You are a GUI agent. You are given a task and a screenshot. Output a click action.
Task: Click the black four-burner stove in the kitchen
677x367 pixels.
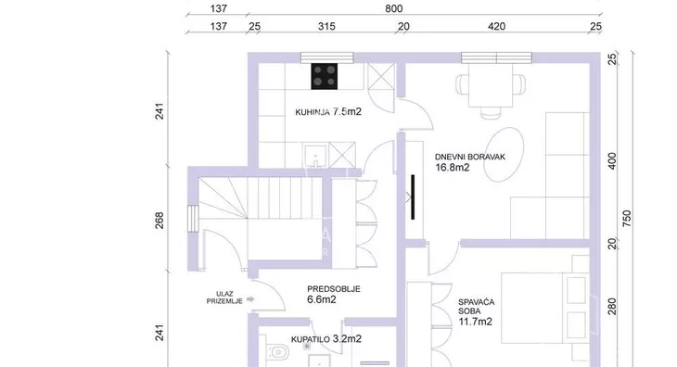tap(325, 76)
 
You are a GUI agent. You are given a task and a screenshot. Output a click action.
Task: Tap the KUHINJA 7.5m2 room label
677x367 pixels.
tap(328, 112)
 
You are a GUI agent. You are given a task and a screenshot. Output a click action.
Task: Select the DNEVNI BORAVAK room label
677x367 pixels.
tap(470, 157)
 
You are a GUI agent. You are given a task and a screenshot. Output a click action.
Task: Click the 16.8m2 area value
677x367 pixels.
tap(452, 168)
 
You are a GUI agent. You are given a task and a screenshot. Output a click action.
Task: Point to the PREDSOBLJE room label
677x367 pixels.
tap(334, 289)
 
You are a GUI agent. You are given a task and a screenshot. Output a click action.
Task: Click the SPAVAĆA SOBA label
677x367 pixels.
tap(477, 307)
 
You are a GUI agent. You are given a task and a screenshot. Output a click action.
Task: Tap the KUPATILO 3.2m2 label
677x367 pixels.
tap(326, 339)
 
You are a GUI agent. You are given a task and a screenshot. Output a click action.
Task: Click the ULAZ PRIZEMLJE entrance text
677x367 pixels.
tap(224, 297)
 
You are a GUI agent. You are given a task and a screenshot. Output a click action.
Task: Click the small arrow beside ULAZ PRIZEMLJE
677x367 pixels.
tap(250, 299)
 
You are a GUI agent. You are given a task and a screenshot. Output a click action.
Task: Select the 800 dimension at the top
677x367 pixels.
tap(394, 8)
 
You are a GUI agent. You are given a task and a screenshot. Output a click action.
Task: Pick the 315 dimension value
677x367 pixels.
tap(326, 26)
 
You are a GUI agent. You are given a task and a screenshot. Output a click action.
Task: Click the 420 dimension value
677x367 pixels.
tap(496, 26)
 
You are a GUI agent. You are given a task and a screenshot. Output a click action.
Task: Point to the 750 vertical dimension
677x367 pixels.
tap(627, 219)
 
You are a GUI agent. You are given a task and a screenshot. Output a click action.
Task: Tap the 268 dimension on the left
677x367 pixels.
tap(160, 221)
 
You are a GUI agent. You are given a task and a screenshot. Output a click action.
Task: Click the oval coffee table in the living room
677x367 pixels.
tap(504, 155)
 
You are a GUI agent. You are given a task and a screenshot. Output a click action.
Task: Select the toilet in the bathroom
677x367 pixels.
tap(277, 352)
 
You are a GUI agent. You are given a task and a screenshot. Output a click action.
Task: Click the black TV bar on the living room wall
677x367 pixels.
tap(413, 197)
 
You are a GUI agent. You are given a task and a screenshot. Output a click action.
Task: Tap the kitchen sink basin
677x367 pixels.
tap(315, 156)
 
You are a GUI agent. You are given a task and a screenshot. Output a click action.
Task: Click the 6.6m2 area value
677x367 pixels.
tap(322, 299)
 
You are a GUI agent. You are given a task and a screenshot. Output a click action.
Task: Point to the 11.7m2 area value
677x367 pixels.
tap(476, 322)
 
